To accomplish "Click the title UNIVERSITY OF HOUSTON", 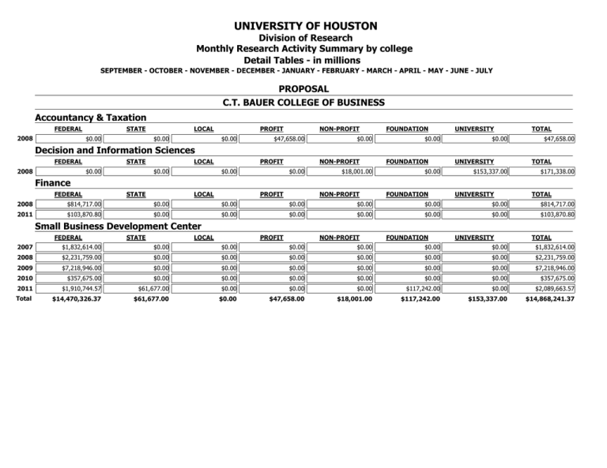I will [x=303, y=26].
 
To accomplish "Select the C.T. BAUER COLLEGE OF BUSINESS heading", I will [x=303, y=103].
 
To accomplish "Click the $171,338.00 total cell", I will [x=552, y=171].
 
